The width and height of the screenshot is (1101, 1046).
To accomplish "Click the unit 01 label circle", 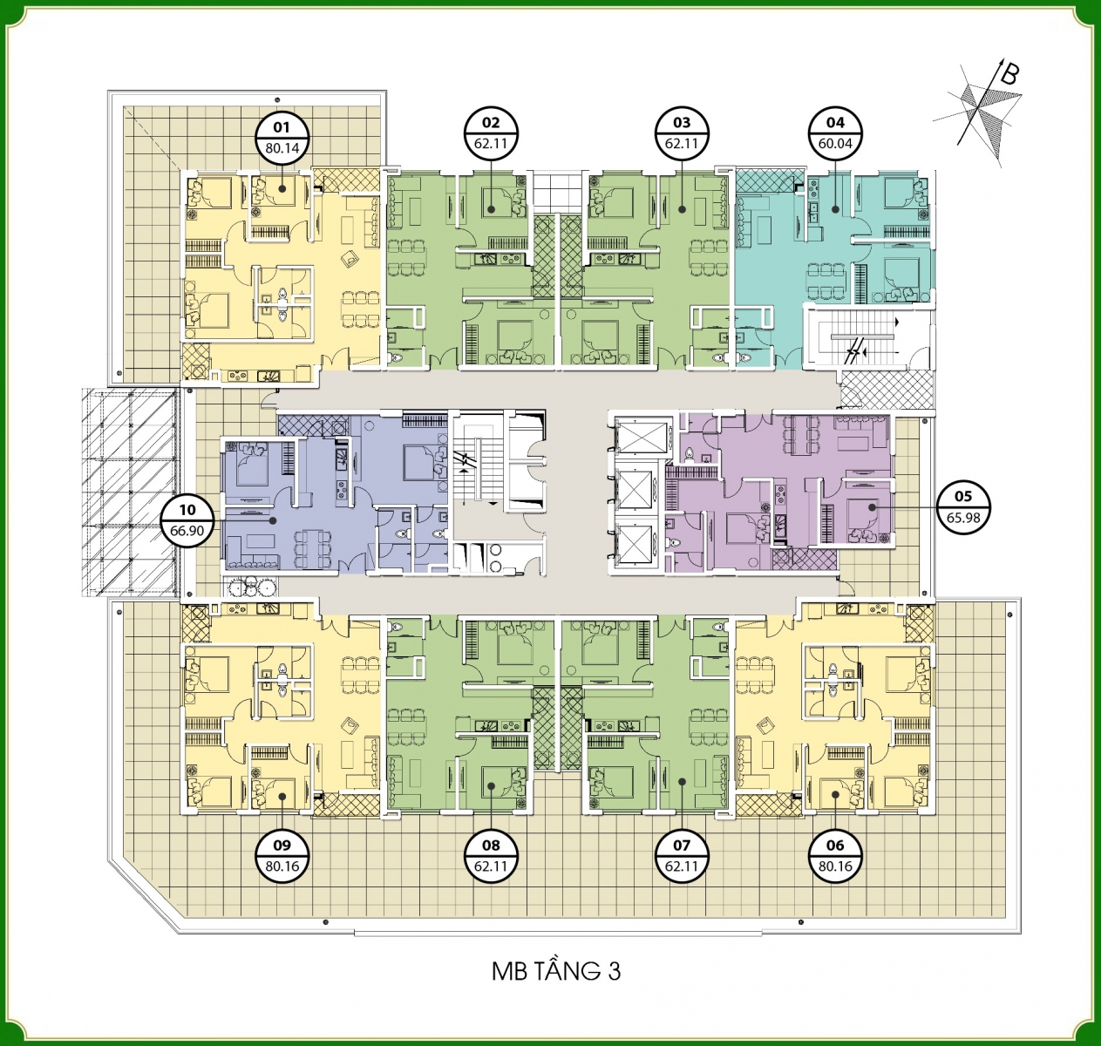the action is [x=282, y=137].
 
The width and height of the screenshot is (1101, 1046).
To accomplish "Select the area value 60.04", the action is [x=835, y=144].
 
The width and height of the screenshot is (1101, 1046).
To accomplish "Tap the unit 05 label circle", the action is [x=963, y=506].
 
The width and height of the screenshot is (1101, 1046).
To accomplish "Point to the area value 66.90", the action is [x=187, y=530].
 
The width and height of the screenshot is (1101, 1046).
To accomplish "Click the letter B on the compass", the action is [x=1009, y=74].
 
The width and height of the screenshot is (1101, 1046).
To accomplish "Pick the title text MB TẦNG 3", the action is [x=556, y=972].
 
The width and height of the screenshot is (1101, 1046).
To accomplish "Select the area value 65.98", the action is [x=963, y=518].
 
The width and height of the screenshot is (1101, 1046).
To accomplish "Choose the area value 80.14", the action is [x=282, y=149].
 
